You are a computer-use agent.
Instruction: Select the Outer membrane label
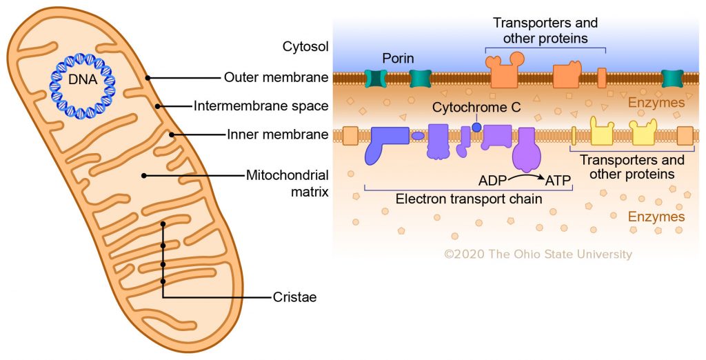[276, 77]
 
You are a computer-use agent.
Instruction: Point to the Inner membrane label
[277, 134]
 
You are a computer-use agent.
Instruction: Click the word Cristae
[294, 297]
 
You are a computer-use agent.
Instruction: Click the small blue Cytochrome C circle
[476, 127]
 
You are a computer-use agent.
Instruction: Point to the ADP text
[493, 182]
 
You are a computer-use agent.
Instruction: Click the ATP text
[559, 182]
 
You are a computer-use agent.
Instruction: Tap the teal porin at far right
[673, 78]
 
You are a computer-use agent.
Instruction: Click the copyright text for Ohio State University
[538, 254]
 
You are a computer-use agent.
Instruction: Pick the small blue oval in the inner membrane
[418, 136]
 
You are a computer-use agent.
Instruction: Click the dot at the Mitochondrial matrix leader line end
[144, 175]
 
